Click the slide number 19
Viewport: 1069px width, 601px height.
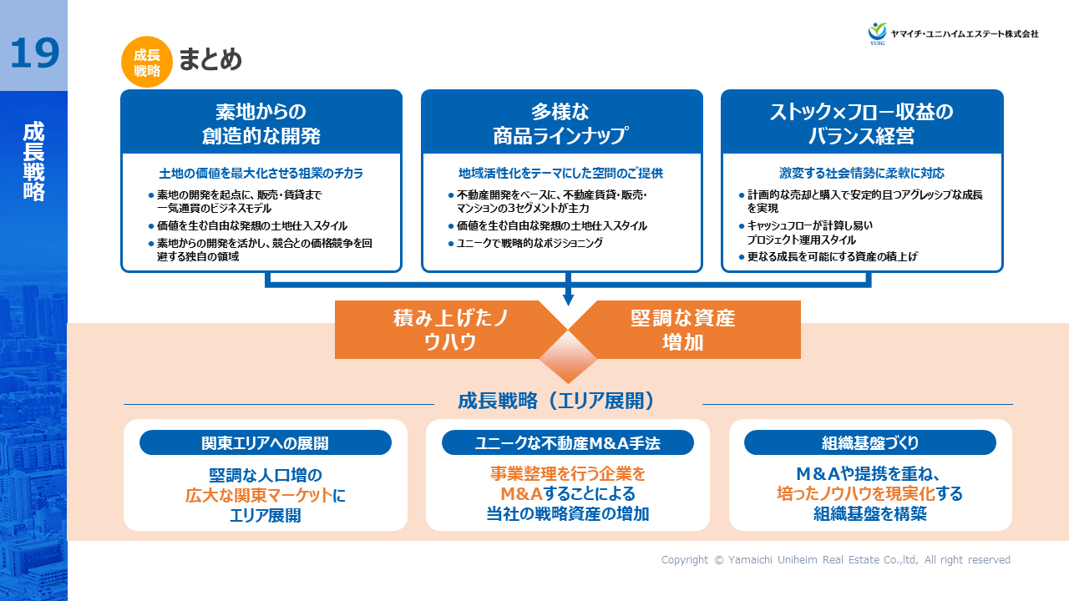click(x=34, y=53)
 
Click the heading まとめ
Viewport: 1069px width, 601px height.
click(x=210, y=60)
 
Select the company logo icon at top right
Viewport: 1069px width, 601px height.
click(x=877, y=33)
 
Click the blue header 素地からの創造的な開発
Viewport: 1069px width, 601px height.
click(x=261, y=123)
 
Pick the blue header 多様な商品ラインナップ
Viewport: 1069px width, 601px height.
click(x=561, y=123)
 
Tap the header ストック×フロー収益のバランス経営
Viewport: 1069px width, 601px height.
click(x=861, y=123)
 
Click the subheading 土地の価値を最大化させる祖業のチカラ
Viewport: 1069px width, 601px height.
click(x=261, y=174)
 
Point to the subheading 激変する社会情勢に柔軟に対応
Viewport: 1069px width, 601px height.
click(x=861, y=174)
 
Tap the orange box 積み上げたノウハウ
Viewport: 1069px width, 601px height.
click(x=450, y=330)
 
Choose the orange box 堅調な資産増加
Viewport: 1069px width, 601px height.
click(x=682, y=330)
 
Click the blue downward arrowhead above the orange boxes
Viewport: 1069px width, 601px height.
click(x=568, y=298)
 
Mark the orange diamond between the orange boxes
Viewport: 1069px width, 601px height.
click(x=568, y=356)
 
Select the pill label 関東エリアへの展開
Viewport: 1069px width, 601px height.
click(x=266, y=442)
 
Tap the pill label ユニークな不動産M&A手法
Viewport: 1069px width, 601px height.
click(x=568, y=442)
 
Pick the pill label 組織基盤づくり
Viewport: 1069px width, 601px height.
click(x=869, y=442)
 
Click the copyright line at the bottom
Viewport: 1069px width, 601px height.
click(x=835, y=560)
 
